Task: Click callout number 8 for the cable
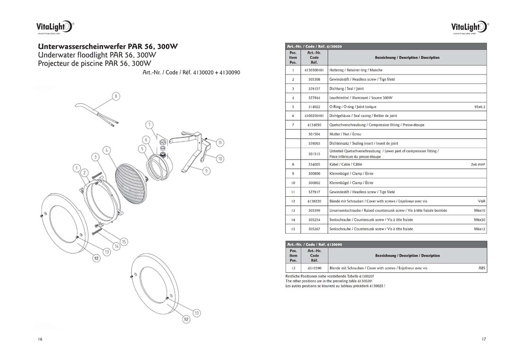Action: click(115, 97)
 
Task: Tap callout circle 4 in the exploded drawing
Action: click(107, 150)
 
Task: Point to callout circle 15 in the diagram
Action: click(124, 242)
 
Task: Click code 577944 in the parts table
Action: click(314, 98)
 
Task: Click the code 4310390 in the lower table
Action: click(314, 268)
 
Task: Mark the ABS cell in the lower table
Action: click(482, 268)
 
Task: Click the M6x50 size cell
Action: click(480, 219)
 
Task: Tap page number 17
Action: click(484, 339)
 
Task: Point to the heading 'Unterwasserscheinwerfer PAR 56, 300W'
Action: click(108, 47)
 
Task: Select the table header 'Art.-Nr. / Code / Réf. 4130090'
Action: click(314, 244)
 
